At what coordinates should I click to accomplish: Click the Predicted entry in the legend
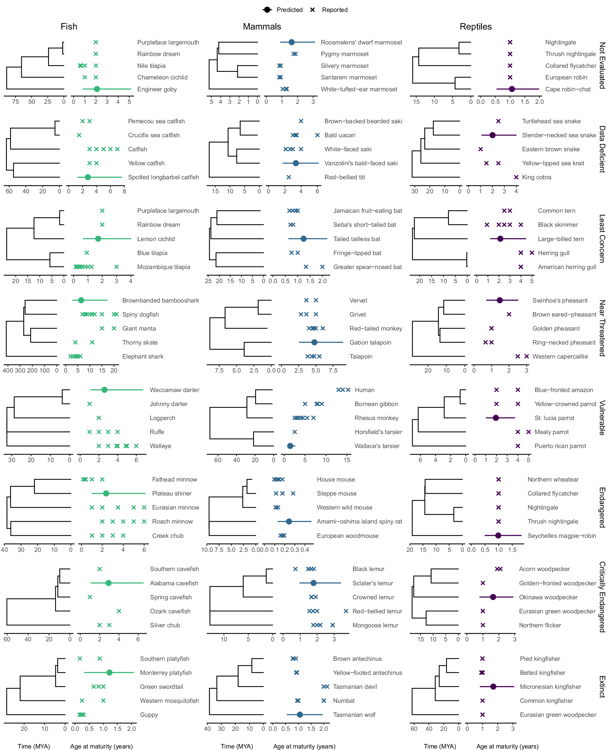(283, 10)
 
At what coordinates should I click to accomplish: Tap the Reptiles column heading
(475, 27)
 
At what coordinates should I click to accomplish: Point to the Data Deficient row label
(602, 149)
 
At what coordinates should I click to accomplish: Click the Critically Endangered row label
(602, 597)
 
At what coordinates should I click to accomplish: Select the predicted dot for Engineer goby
(97, 89)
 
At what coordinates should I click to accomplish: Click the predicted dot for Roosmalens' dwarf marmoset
(291, 42)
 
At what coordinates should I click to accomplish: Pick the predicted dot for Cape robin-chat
(512, 89)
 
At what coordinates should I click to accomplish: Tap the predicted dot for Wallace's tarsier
(290, 446)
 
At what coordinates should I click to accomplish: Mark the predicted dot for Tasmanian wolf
(300, 715)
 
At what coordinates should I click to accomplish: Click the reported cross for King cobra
(516, 177)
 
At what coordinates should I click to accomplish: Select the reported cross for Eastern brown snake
(481, 149)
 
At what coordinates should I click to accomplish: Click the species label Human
(364, 390)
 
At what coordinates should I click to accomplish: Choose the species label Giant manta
(139, 328)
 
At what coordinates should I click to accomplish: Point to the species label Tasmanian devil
(355, 686)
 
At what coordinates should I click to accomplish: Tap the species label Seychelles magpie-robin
(561, 536)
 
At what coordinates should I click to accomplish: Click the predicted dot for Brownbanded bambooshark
(81, 300)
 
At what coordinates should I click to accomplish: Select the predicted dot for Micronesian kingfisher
(493, 686)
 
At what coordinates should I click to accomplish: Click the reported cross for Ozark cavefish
(119, 611)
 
